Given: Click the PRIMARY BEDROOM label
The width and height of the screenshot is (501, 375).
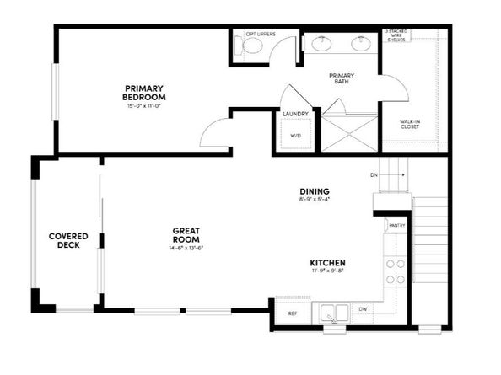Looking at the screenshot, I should pyautogui.click(x=143, y=92).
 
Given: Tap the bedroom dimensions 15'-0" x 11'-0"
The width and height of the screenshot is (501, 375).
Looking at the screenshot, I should pyautogui.click(x=143, y=106).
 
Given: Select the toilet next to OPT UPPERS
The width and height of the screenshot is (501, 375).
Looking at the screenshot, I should pyautogui.click(x=253, y=47).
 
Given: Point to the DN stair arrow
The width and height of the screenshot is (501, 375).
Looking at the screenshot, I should pyautogui.click(x=388, y=175).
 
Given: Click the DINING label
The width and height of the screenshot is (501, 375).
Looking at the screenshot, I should pyautogui.click(x=314, y=192).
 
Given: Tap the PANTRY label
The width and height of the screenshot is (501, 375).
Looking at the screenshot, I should pyautogui.click(x=396, y=225).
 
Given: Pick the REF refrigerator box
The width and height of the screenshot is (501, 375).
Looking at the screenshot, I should pyautogui.click(x=291, y=313).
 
